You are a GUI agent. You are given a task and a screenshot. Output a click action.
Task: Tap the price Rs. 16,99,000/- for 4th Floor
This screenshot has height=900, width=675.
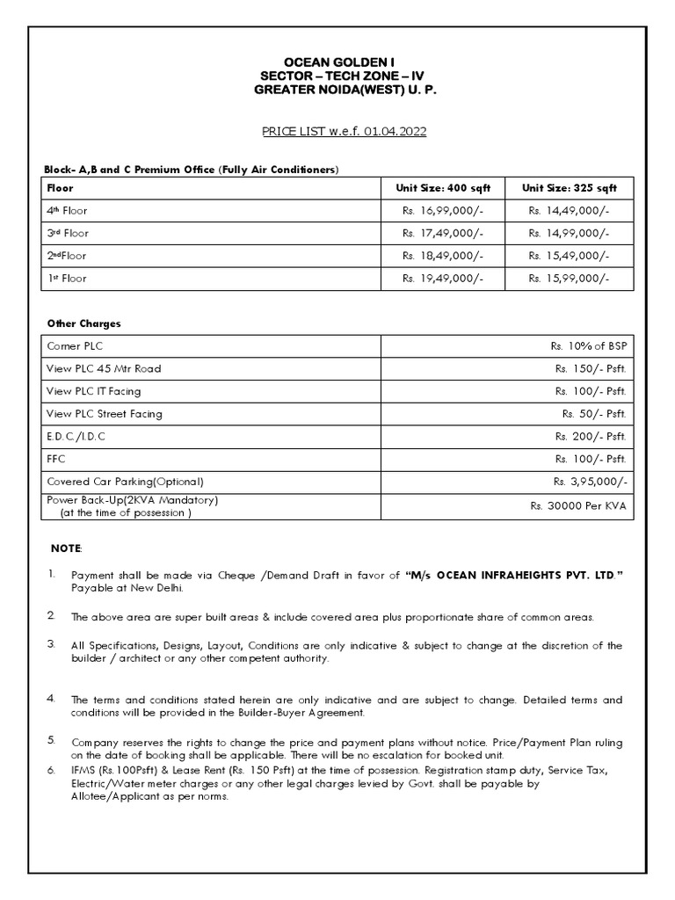[x=442, y=211]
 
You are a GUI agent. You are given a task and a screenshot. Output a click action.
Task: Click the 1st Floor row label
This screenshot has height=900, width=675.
[x=67, y=279]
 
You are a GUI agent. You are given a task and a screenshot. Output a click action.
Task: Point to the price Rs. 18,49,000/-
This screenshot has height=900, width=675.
[x=442, y=256]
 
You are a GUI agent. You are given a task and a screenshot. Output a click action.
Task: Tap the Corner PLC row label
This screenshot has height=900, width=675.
[x=75, y=346]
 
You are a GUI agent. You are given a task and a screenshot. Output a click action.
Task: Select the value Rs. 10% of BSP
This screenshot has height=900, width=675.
[x=589, y=346]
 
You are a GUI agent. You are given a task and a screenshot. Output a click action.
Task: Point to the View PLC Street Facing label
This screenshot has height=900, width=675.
[x=105, y=414]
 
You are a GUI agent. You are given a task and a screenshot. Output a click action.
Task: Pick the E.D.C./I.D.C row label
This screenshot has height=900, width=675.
[x=76, y=436]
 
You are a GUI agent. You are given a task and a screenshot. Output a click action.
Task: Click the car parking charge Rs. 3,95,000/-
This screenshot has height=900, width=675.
[x=589, y=482]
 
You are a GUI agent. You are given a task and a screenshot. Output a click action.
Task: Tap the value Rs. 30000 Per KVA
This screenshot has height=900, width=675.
[x=577, y=506]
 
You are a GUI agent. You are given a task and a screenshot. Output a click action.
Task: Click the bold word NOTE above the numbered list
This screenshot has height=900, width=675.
[x=66, y=548]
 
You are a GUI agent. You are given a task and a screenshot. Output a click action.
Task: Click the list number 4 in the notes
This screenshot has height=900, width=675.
[x=51, y=699]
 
